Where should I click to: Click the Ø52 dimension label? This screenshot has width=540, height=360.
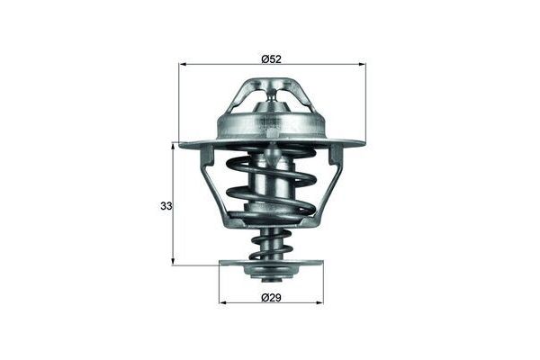[x=273, y=58]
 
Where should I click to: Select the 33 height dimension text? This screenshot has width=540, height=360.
[x=166, y=206]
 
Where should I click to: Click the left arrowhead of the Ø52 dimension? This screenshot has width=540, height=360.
[x=183, y=65]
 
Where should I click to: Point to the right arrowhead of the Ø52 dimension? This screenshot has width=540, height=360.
[x=363, y=65]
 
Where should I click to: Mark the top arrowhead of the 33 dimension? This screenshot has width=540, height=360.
[x=173, y=145]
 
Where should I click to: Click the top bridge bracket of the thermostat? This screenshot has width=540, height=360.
[x=272, y=88]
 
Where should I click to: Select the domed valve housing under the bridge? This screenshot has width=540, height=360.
[x=272, y=121]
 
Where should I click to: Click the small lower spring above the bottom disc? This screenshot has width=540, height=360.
[x=271, y=244]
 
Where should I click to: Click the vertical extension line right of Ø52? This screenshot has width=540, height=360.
[x=366, y=99]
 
